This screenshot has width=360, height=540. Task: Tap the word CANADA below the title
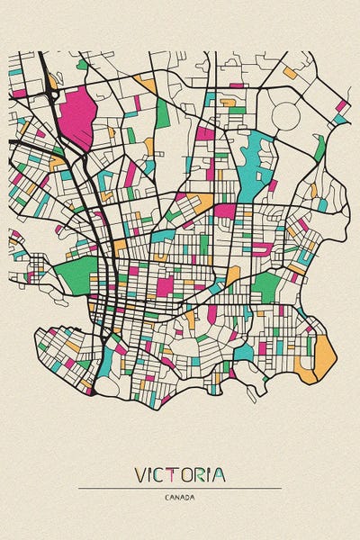[180, 497]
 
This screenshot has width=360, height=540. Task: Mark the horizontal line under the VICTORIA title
[180, 488]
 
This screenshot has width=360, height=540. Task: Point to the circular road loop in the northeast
[286, 115]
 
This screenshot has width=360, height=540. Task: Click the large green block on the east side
[265, 287]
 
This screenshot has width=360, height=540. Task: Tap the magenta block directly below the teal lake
[225, 211]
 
